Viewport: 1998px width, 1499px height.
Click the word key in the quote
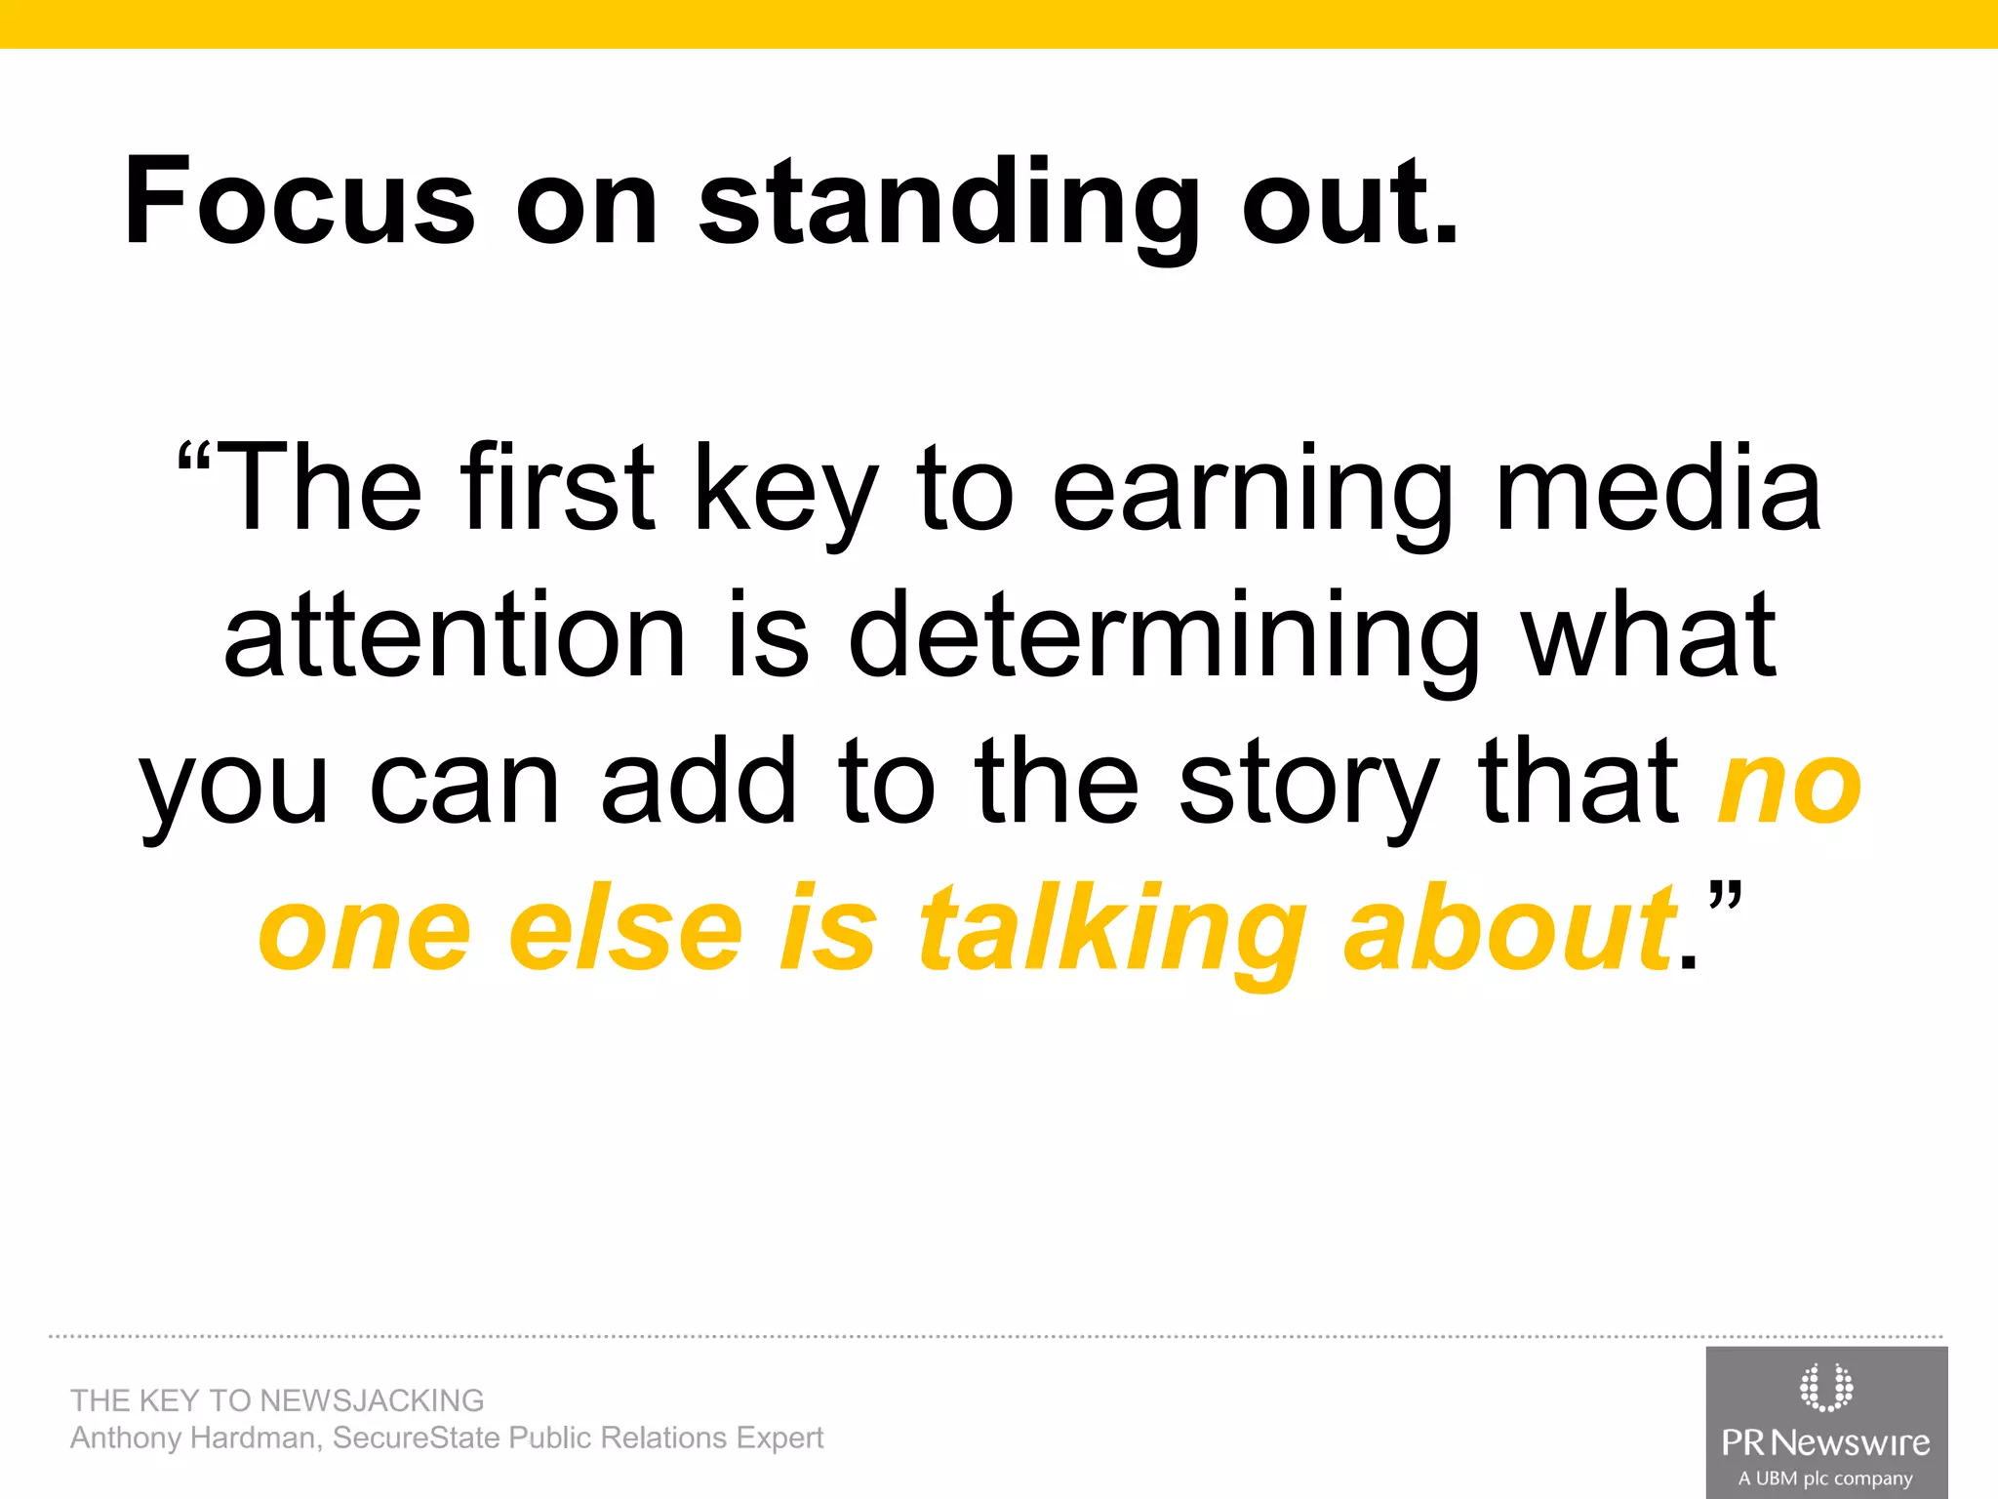785,488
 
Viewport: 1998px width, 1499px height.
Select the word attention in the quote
455,634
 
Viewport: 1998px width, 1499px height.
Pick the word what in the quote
1650,634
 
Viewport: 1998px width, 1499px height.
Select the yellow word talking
1111,932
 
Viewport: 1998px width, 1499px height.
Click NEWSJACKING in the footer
372,1400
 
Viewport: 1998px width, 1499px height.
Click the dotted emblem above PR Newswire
1825,1387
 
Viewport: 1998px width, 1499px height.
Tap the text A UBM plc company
1825,1479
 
